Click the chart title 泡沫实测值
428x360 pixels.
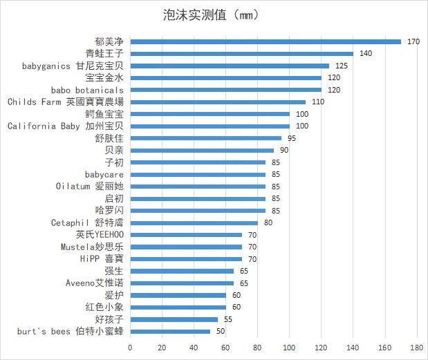pyautogui.click(x=206, y=15)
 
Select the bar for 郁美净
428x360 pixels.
pyautogui.click(x=266, y=41)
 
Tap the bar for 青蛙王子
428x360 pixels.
pyautogui.click(x=241, y=53)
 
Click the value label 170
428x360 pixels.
pyautogui.click(x=413, y=41)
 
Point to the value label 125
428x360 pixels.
pyautogui.click(x=342, y=66)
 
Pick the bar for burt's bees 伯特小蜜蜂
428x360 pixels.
pyautogui.click(x=170, y=332)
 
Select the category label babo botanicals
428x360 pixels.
pyautogui.click(x=87, y=90)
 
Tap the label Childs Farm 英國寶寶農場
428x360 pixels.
pyautogui.click(x=66, y=102)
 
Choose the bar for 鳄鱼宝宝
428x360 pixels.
pyautogui.click(x=210, y=114)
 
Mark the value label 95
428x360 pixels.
pyautogui.click(x=292, y=138)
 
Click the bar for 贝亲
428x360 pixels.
pyautogui.click(x=202, y=150)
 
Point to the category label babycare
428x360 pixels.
pyautogui.click(x=104, y=175)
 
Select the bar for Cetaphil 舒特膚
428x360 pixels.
pyautogui.click(x=194, y=222)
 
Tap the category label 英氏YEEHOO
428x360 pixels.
pyautogui.click(x=100, y=235)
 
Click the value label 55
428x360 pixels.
pyautogui.click(x=228, y=319)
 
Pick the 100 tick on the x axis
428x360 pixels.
pyautogui.click(x=289, y=347)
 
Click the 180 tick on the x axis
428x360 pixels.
pyautogui.click(x=417, y=347)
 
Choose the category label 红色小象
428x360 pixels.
pyautogui.click(x=104, y=307)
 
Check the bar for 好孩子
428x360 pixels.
pyautogui.click(x=174, y=319)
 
